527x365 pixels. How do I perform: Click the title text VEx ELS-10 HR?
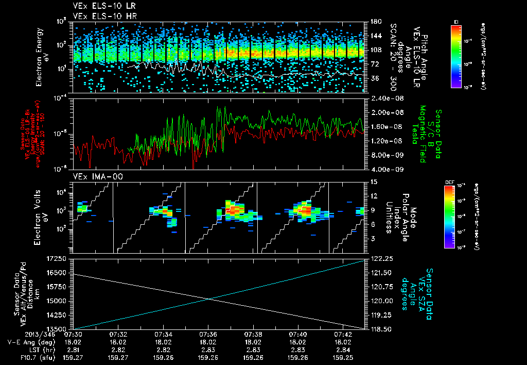[x=97, y=16]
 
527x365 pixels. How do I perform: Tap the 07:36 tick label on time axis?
[x=208, y=335]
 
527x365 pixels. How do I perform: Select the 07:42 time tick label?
[x=343, y=335]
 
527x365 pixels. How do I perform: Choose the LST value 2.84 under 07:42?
[x=343, y=349]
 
